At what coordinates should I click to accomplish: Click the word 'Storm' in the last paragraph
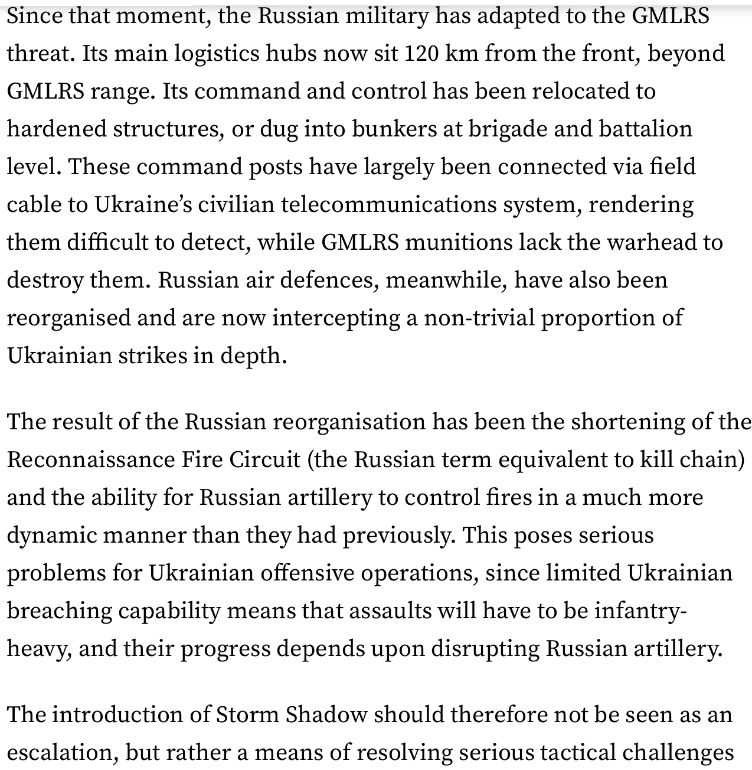pos(247,715)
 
